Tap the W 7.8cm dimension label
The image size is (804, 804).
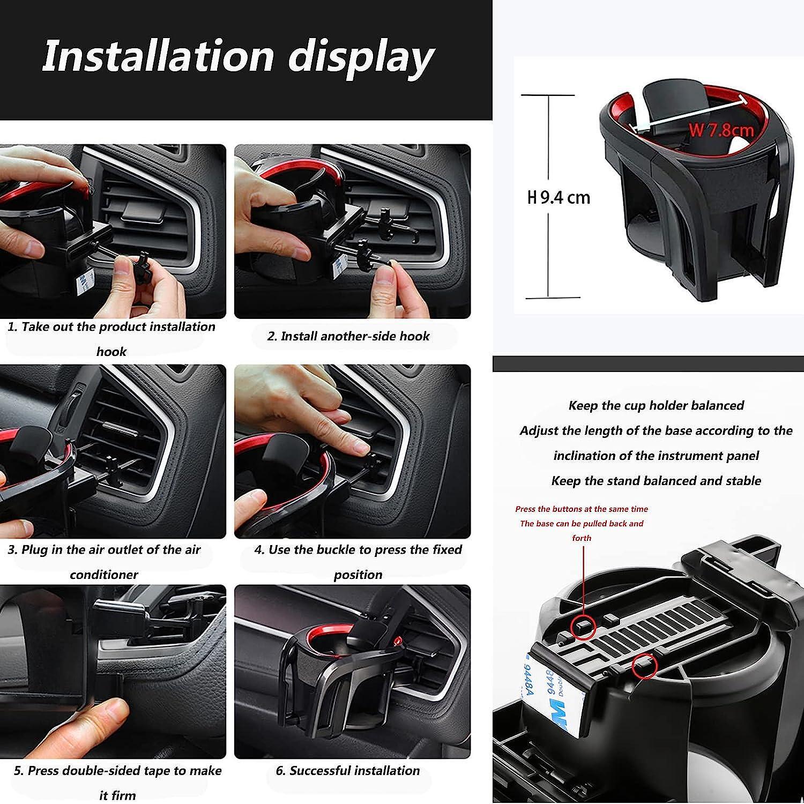point(721,130)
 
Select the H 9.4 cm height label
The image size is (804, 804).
point(559,198)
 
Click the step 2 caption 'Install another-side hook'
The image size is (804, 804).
point(348,336)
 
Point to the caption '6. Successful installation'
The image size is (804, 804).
point(348,771)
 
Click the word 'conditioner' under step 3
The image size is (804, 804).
point(104,575)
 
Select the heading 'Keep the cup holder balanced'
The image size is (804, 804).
point(656,405)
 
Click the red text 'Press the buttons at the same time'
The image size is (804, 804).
point(582,509)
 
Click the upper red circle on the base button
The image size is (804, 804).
point(583,626)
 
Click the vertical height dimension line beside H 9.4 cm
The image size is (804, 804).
point(548,196)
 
